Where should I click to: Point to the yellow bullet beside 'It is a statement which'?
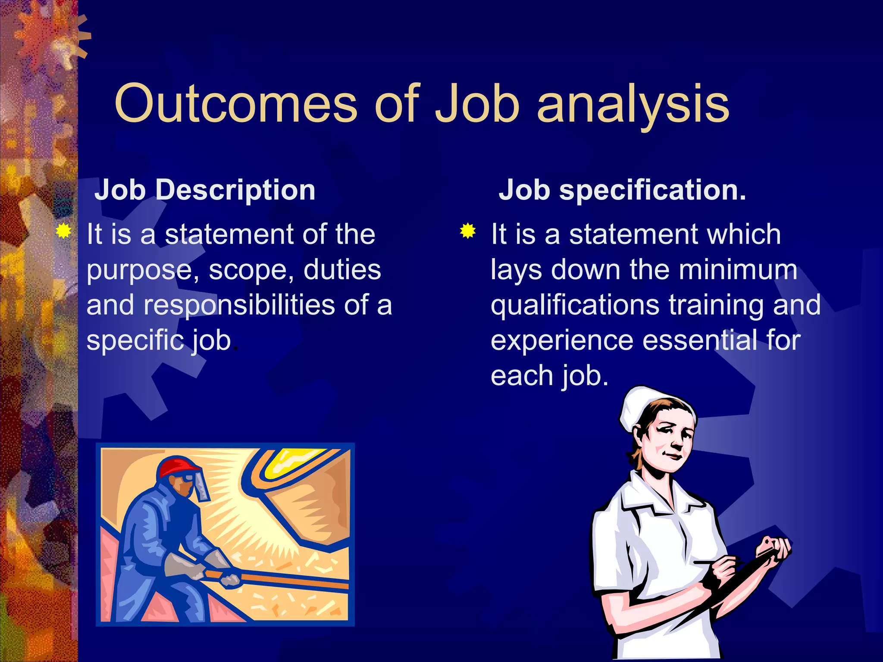click(468, 231)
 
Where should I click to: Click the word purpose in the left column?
click(142, 271)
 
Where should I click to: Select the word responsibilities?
click(239, 305)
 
